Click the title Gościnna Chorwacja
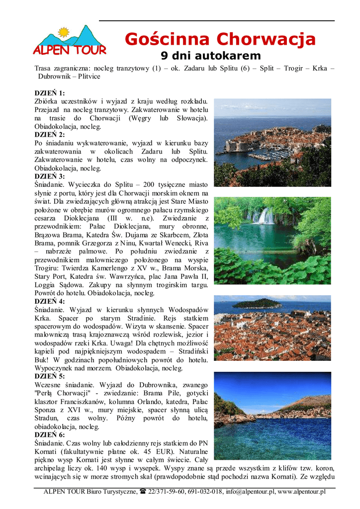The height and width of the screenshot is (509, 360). [x=220, y=38]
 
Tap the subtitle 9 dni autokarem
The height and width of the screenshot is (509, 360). [x=210, y=55]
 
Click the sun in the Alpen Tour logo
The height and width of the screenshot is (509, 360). [x=63, y=33]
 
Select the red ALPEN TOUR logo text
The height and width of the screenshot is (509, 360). [x=70, y=50]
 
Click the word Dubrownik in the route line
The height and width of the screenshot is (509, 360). [x=57, y=77]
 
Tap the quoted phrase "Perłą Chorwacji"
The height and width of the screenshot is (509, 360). [x=62, y=393]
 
